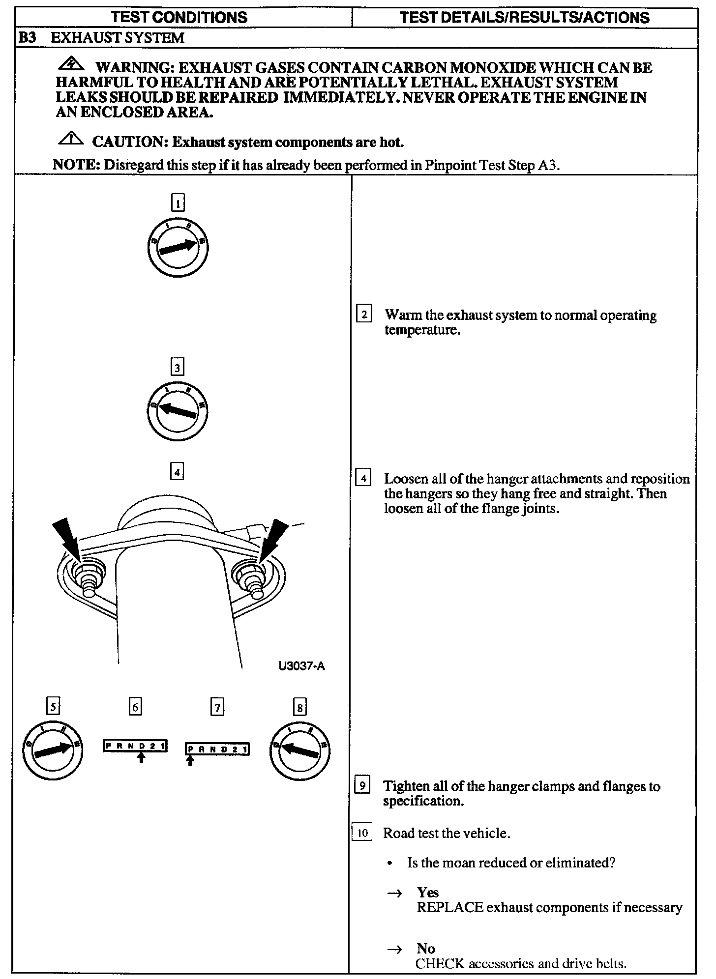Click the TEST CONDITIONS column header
click(x=179, y=18)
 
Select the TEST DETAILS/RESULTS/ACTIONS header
click(x=524, y=18)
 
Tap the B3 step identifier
click(x=27, y=38)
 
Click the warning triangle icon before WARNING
click(x=71, y=64)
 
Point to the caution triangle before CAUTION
click(x=71, y=139)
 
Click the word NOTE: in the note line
click(x=76, y=165)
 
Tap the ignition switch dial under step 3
click(x=178, y=411)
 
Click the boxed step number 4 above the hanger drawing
click(x=177, y=472)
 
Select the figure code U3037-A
click(x=301, y=666)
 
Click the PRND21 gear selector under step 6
click(x=135, y=746)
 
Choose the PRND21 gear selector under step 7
click(x=217, y=749)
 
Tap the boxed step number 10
click(x=362, y=833)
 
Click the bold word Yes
click(x=427, y=892)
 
